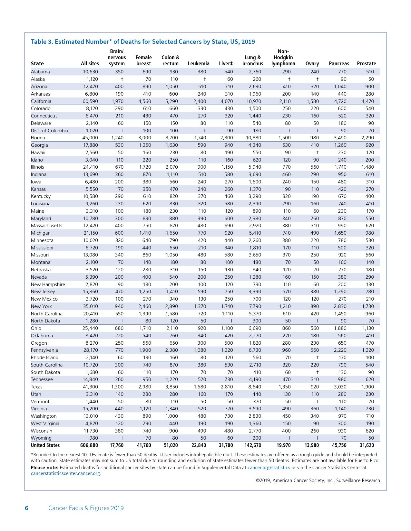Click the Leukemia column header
(x=198, y=64)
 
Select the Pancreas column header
(x=339, y=64)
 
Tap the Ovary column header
(x=312, y=64)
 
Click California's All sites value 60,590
(x=90, y=101)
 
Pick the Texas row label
(x=37, y=387)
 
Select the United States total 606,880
(x=89, y=445)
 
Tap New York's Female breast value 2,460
(x=145, y=306)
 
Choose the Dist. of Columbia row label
(x=49, y=131)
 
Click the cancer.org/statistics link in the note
(x=269, y=468)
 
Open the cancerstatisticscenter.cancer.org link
(x=65, y=473)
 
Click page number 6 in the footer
(x=26, y=508)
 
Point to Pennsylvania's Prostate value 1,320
(x=368, y=350)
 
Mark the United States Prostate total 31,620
(x=367, y=445)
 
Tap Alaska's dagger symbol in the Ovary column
(x=318, y=79)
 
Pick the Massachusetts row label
(x=46, y=226)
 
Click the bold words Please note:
(x=44, y=468)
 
